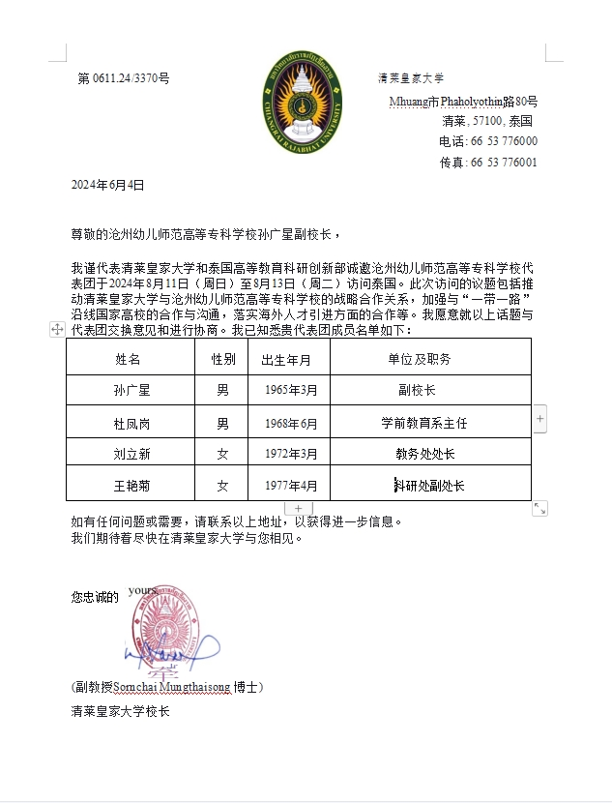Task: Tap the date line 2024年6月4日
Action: (x=107, y=184)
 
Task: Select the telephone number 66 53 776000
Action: (x=503, y=141)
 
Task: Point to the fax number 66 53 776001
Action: (x=503, y=163)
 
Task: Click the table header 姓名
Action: (x=128, y=360)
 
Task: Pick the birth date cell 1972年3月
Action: (x=291, y=454)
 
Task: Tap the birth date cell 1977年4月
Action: (x=291, y=486)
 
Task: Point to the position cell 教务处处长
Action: (x=425, y=454)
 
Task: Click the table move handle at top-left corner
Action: (x=57, y=330)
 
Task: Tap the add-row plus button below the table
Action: (x=299, y=508)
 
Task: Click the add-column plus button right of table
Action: (x=540, y=419)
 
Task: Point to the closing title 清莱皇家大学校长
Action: (x=121, y=711)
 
